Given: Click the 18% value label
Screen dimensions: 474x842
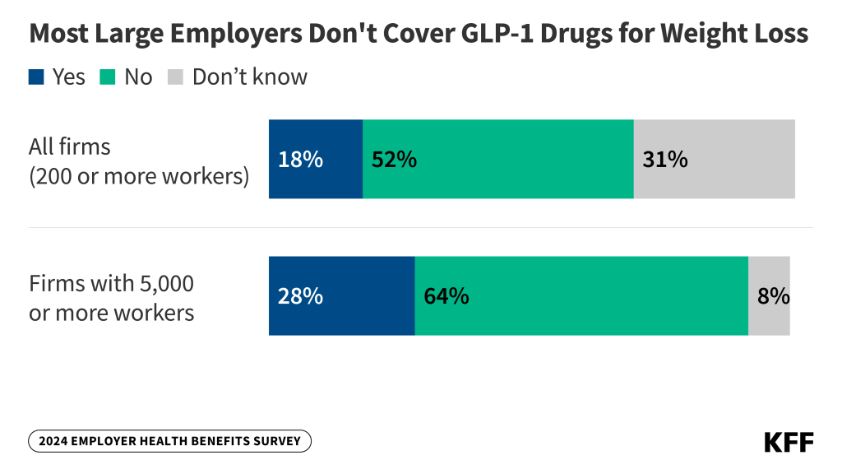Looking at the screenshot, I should pyautogui.click(x=300, y=160).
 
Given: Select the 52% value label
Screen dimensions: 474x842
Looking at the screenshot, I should pyautogui.click(x=394, y=160).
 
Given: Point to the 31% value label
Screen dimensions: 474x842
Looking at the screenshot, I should pyautogui.click(x=664, y=160).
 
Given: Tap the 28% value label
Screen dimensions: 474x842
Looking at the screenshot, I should pyautogui.click(x=300, y=296).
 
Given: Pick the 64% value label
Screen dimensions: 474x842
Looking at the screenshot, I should pyautogui.click(x=446, y=296).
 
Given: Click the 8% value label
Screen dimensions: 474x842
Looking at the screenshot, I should pyautogui.click(x=773, y=296).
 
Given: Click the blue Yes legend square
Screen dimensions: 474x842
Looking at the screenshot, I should pyautogui.click(x=36, y=77).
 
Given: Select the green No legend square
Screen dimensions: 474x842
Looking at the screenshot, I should pyautogui.click(x=108, y=77).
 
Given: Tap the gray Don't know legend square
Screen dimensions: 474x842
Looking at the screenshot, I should pyautogui.click(x=175, y=77).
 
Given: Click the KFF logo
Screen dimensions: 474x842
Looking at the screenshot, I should pyautogui.click(x=789, y=442).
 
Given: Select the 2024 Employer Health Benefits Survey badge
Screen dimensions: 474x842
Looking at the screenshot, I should pyautogui.click(x=170, y=441).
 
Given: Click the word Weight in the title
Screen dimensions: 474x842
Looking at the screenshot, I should pyautogui.click(x=681, y=34).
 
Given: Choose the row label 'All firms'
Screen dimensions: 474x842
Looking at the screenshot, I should pyautogui.click(x=70, y=147).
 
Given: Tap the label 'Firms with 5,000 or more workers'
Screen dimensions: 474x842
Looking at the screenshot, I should pyautogui.click(x=112, y=298).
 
